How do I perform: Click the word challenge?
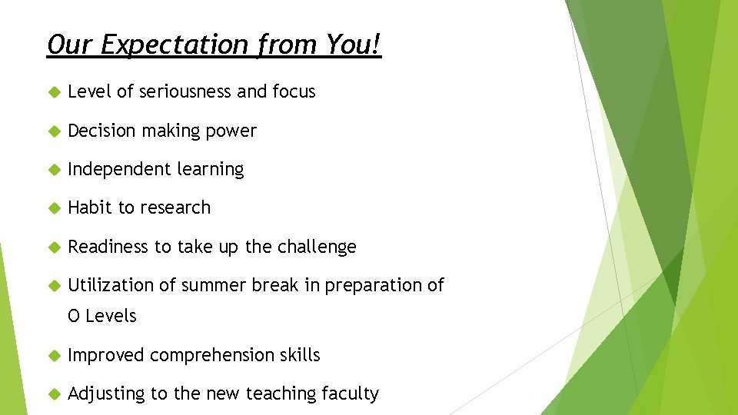[317, 247]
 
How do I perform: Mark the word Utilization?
[111, 285]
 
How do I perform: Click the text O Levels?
[102, 316]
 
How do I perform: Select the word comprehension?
[214, 355]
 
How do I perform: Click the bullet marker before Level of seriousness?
[53, 92]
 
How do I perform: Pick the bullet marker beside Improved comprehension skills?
[53, 356]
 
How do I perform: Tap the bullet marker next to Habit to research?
[53, 208]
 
